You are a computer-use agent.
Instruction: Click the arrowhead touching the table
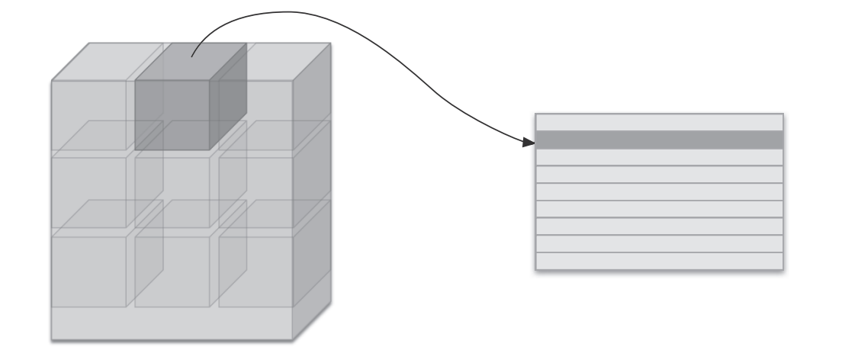(x=528, y=142)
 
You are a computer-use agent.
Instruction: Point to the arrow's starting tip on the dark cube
(x=192, y=56)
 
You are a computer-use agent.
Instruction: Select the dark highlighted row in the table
(x=659, y=140)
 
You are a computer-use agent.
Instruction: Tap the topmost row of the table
(x=659, y=122)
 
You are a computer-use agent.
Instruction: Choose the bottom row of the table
(x=659, y=260)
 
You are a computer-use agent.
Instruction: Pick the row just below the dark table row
(x=659, y=157)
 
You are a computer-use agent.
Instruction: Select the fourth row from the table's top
(x=659, y=175)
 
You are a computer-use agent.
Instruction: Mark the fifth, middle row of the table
(x=659, y=191)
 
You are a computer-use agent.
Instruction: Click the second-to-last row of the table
(x=659, y=243)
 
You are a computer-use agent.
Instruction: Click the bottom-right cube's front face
(x=256, y=271)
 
